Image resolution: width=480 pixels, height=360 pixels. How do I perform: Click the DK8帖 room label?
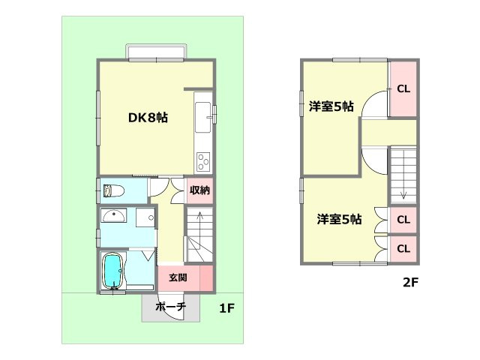point(147,117)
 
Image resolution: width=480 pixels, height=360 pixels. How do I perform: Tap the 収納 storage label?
point(199,190)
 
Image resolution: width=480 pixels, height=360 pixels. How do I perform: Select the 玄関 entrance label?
point(178,277)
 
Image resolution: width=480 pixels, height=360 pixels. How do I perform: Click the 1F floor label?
point(228,308)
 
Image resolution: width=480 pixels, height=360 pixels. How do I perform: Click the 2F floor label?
point(408,283)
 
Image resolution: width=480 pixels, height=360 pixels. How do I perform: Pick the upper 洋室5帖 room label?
point(331,106)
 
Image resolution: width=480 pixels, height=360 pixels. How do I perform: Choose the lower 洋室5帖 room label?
point(338,219)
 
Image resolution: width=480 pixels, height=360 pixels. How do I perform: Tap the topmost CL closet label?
point(403,88)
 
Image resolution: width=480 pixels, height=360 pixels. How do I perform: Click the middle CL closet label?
point(403,220)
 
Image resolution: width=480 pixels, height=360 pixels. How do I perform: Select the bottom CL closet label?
point(403,248)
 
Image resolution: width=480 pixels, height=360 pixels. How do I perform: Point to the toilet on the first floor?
point(112,190)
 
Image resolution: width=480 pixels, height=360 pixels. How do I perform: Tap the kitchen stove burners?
point(204,160)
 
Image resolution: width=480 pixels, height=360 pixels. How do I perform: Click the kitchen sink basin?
point(204,115)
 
